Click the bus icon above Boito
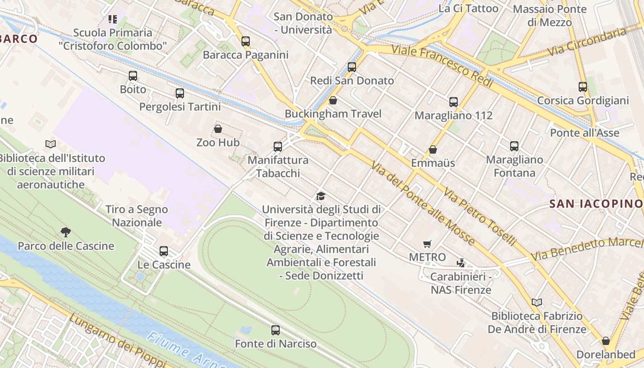(133, 76)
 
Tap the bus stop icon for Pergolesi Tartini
(180, 93)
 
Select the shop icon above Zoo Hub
(218, 129)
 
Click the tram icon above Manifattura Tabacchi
(278, 147)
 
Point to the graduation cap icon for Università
(321, 196)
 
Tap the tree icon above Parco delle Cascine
(66, 232)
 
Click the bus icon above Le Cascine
(164, 251)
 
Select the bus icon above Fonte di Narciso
(276, 330)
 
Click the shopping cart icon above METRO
(427, 244)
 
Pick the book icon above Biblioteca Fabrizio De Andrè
(536, 303)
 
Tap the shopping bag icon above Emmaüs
(433, 149)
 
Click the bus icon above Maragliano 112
(454, 102)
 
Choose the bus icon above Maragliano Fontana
(514, 146)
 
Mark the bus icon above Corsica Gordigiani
(583, 87)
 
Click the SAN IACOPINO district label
(596, 203)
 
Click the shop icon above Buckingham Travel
(333, 100)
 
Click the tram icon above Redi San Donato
(352, 67)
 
